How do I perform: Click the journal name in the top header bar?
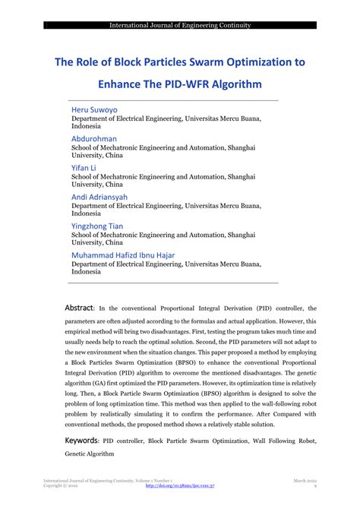pyautogui.click(x=180, y=25)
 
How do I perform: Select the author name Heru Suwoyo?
pyautogui.click(x=94, y=110)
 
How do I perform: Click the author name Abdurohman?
pyautogui.click(x=94, y=140)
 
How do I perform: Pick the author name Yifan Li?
pyautogui.click(x=84, y=168)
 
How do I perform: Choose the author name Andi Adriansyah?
pyautogui.click(x=100, y=198)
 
